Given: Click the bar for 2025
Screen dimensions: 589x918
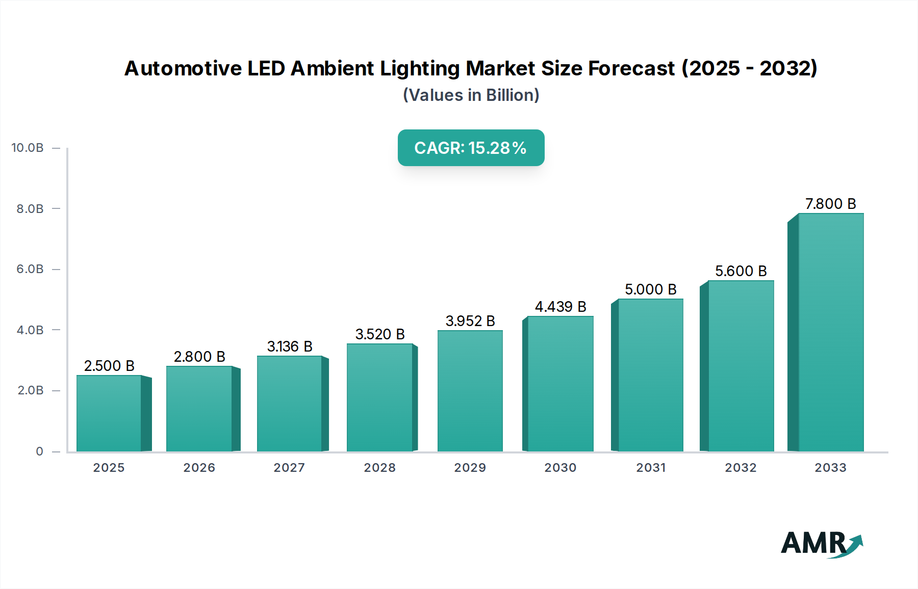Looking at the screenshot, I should tap(109, 413).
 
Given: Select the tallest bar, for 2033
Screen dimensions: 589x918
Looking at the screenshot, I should tap(831, 332).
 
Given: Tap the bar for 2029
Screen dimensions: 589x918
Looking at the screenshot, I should tap(470, 391).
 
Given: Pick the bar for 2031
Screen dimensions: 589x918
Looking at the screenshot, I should tap(650, 375).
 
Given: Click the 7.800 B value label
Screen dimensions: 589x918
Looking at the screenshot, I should tap(830, 204).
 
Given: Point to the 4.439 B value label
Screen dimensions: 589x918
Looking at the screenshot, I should tap(560, 307).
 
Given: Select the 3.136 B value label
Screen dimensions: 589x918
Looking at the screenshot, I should tap(290, 346).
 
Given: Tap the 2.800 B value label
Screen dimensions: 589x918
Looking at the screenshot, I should tap(199, 357).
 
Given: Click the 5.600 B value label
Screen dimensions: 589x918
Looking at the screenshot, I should tap(741, 271).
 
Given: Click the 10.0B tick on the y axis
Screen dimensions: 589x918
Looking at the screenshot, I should tap(28, 148).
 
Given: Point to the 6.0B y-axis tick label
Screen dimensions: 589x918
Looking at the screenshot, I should tap(30, 269).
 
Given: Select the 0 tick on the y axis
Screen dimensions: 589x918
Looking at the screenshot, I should tap(39, 451).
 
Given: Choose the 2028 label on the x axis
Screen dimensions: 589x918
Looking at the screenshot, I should tap(379, 468).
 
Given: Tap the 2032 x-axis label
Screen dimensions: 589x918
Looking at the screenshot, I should tap(741, 468).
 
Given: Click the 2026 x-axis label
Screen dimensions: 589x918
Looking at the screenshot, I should tap(199, 468).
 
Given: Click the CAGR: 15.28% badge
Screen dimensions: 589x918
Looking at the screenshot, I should tap(471, 148).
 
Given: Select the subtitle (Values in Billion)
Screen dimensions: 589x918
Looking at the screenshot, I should tap(471, 95).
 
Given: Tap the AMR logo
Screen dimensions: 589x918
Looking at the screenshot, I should tap(821, 544).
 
